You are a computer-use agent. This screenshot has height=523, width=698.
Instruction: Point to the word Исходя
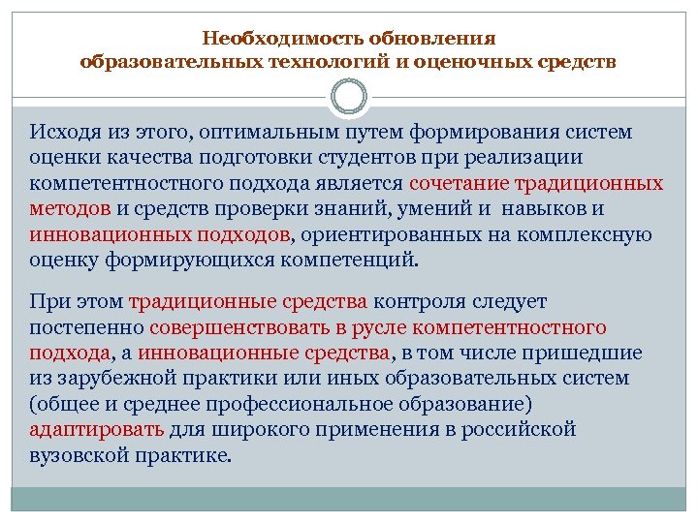pos(61,131)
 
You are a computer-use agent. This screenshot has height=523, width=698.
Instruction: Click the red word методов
pos(69,208)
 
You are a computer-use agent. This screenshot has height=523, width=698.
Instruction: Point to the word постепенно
pos(86,327)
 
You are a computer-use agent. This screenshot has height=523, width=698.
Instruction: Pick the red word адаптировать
pos(96,429)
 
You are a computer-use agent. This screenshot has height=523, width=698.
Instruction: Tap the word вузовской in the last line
pos(78,454)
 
